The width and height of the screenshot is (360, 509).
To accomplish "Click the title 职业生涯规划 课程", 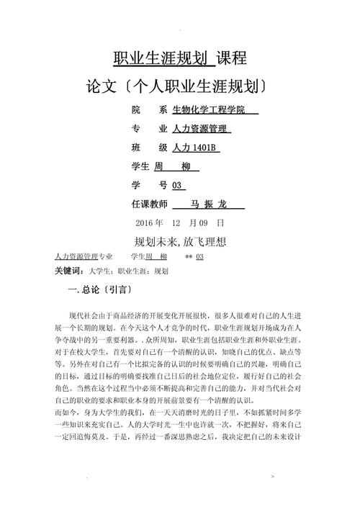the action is (180, 58).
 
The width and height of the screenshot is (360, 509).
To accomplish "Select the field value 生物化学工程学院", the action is (214, 110).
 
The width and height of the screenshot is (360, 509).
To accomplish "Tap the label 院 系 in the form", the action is (149, 110).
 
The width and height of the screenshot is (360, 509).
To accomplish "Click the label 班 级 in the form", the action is (149, 148).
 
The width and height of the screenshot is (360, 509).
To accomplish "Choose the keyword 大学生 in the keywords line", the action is (101, 271).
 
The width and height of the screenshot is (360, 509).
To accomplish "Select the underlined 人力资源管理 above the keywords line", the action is (76, 256).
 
